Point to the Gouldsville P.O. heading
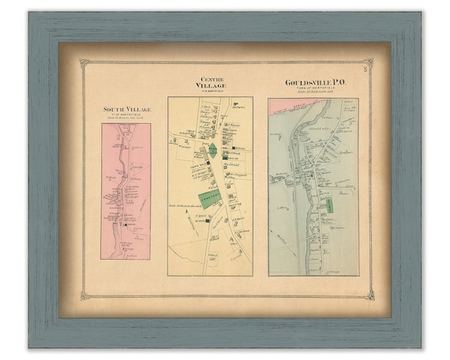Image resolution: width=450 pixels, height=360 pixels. (313, 82)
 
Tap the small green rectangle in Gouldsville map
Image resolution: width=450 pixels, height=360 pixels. (329, 205)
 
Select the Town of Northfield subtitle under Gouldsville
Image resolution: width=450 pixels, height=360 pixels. (313, 89)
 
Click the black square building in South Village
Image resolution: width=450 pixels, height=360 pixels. (125, 224)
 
